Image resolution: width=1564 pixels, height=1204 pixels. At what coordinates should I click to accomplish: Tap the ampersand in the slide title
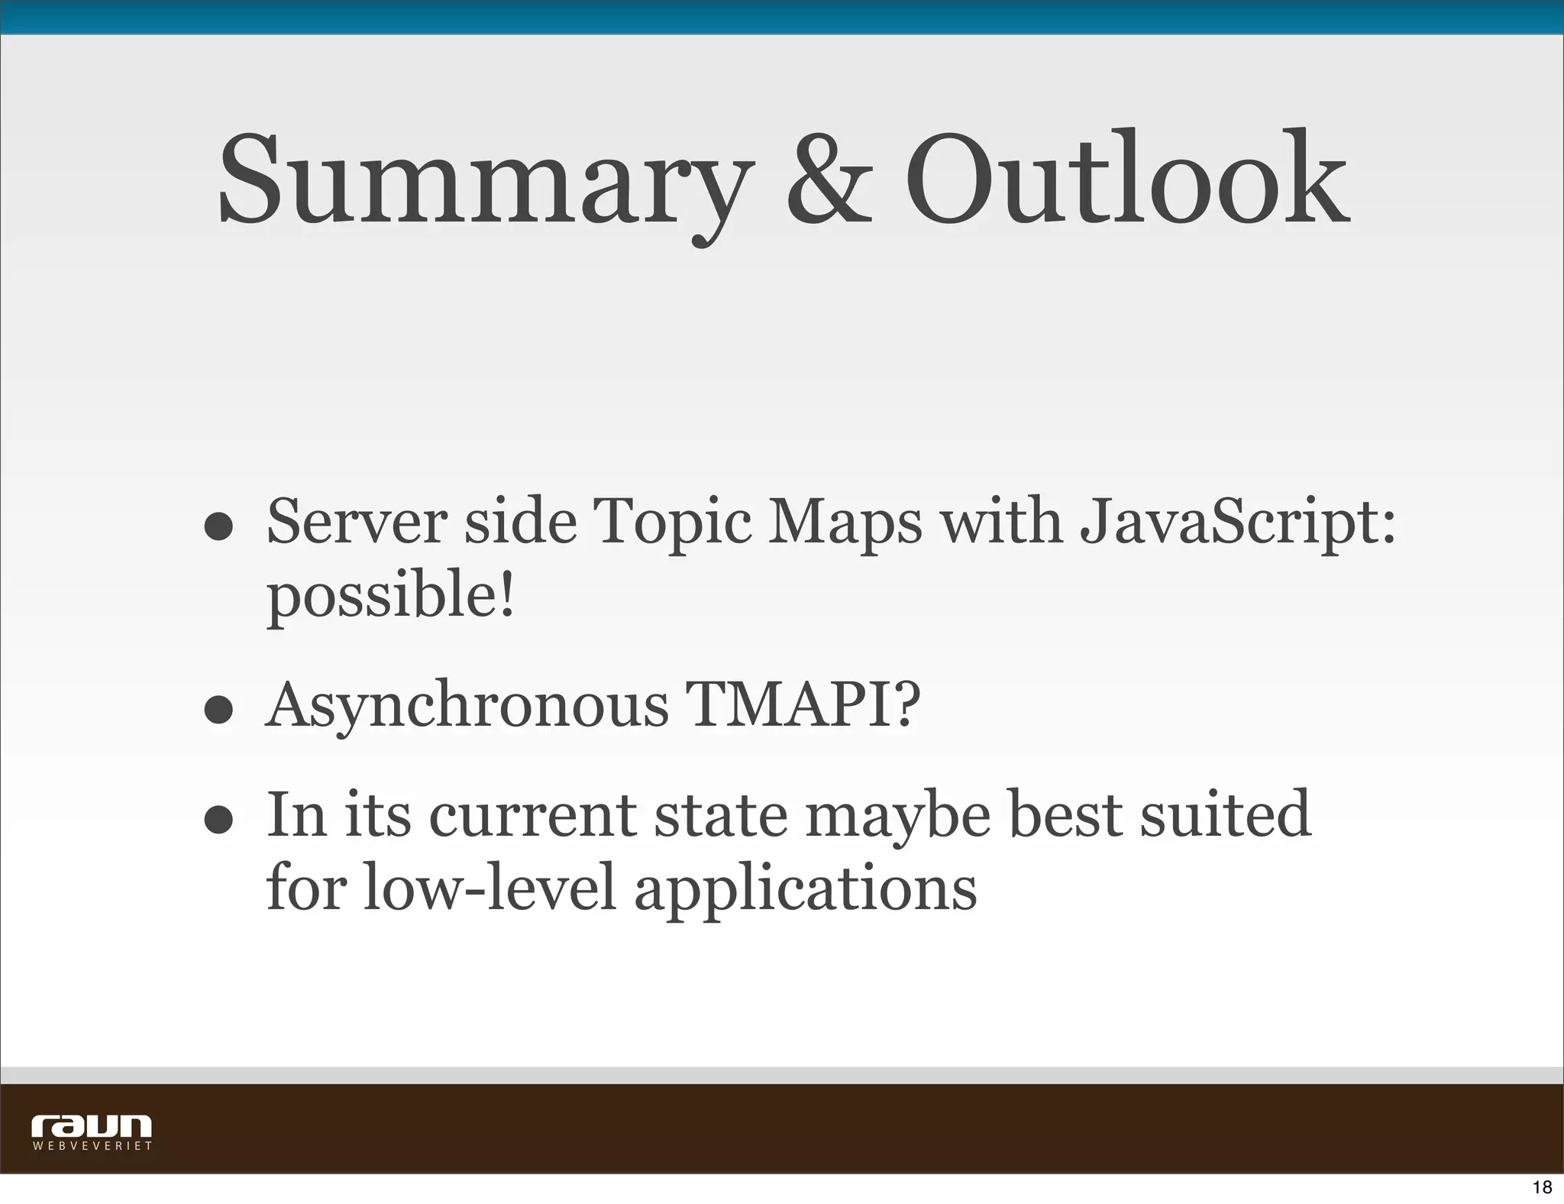tap(829, 183)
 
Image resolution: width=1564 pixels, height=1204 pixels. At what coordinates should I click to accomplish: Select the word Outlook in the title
tap(1126, 183)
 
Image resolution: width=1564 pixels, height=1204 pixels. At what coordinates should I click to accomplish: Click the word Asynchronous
tap(467, 706)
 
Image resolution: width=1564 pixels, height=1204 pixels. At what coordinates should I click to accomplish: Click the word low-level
tap(489, 888)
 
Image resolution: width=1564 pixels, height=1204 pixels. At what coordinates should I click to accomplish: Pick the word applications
tap(806, 889)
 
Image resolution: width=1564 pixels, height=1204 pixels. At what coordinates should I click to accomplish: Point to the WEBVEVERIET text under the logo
tap(92, 1147)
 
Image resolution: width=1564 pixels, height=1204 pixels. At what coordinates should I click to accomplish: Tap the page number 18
tap(1542, 1187)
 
